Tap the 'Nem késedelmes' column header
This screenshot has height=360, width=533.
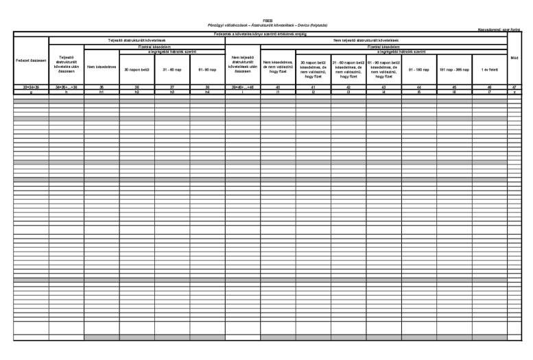[101, 69]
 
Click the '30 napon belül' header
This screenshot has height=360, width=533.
[136, 69]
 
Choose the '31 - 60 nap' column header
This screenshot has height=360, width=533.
[171, 69]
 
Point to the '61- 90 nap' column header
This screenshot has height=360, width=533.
[207, 69]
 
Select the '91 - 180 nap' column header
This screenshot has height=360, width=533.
[418, 69]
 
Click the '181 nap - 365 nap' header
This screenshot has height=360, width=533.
[453, 69]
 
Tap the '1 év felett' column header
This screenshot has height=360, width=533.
[489, 69]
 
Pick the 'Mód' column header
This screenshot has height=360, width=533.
[514, 58]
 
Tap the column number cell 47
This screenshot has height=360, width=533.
[514, 88]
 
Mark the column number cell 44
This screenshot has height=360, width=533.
[418, 88]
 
